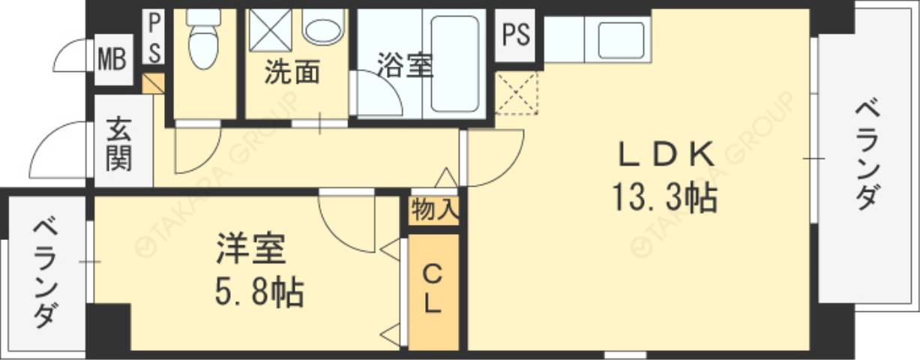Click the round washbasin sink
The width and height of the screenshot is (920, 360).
pos(323,28)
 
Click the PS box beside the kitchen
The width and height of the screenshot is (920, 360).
pos(517,35)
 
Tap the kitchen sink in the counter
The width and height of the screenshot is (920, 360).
pos(622,40)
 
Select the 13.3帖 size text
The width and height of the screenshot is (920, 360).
pos(664,198)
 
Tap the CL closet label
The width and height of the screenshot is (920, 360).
pos(433,289)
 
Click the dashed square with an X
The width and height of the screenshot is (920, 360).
pos(517,92)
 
